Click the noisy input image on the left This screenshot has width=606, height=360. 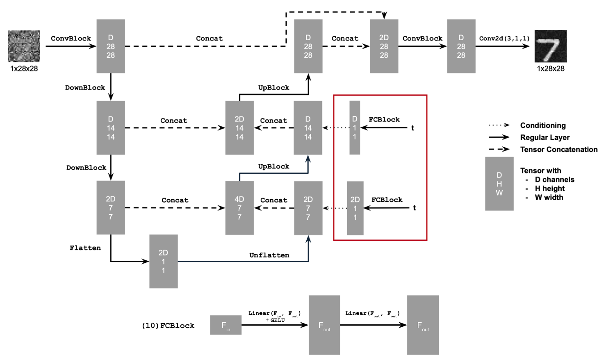(x=24, y=46)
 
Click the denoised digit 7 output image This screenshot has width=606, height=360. (x=550, y=46)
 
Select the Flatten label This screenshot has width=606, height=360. (x=85, y=248)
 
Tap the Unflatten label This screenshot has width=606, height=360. (x=269, y=255)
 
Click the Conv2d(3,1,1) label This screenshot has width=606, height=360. (x=504, y=39)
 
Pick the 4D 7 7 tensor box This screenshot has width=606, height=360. (x=239, y=208)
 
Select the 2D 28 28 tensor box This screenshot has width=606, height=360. (x=384, y=46)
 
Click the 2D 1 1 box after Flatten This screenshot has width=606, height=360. (x=163, y=262)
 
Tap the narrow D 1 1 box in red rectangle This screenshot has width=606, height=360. (x=355, y=128)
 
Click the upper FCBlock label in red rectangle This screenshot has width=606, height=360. (x=384, y=119)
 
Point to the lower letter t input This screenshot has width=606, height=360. (x=414, y=208)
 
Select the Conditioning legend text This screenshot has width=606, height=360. (x=542, y=125)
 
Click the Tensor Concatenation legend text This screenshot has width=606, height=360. (x=558, y=149)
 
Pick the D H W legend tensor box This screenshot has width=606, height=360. (x=499, y=184)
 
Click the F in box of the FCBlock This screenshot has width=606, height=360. (x=226, y=325)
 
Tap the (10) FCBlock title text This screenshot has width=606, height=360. (x=168, y=326)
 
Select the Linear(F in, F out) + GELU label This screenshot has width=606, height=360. (x=274, y=316)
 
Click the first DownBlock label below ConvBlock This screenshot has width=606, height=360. (x=85, y=87)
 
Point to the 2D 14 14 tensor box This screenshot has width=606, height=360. (x=239, y=128)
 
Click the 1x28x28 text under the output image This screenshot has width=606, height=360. (x=550, y=68)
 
